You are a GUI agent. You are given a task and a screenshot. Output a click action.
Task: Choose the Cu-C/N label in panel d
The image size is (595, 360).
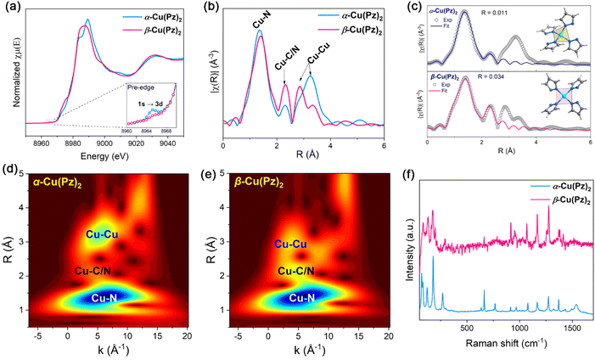(x=96, y=271)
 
